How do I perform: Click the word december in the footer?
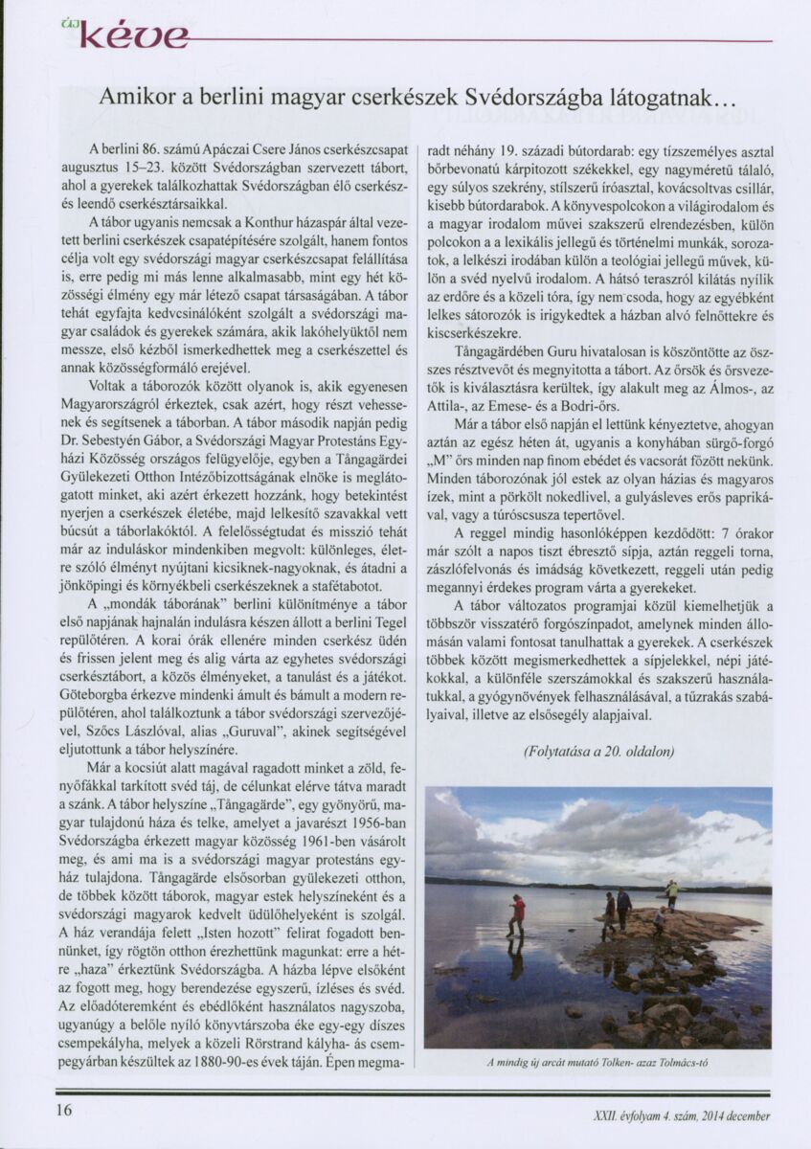[751, 1115]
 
